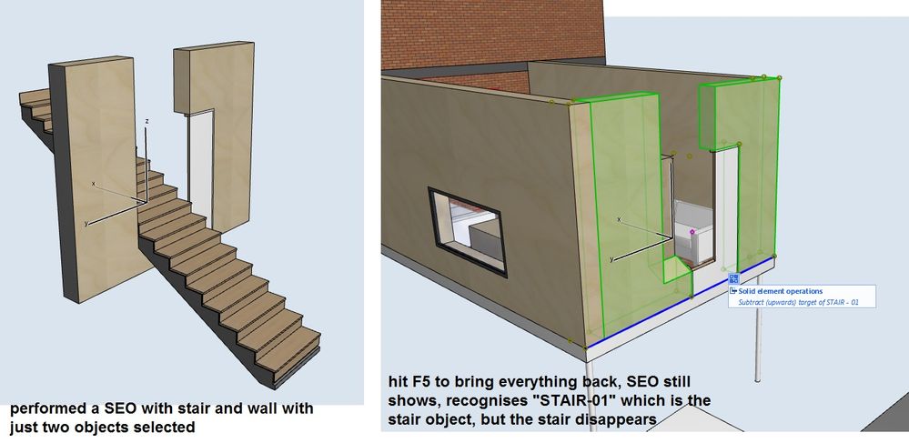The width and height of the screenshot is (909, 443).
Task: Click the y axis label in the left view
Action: tap(86, 222)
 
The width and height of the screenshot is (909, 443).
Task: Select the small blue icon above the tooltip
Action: tap(733, 278)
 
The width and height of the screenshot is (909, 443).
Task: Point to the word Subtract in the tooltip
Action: tap(751, 302)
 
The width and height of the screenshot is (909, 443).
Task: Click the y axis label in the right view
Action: tap(611, 260)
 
